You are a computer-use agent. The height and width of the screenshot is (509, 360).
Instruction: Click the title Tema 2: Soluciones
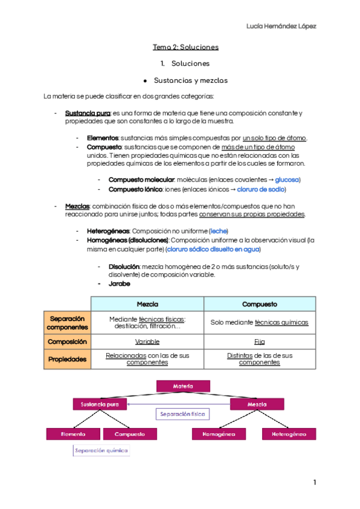(185, 46)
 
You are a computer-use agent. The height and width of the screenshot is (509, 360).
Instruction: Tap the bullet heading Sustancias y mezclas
(191, 80)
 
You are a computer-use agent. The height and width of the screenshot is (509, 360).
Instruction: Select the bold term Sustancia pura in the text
(88, 113)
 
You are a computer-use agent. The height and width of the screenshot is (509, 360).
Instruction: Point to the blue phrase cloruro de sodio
(261, 190)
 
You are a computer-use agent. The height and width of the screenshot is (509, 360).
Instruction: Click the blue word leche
(218, 231)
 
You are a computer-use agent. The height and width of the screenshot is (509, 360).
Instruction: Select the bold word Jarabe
(119, 283)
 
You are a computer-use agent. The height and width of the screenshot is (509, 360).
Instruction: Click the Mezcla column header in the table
(148, 304)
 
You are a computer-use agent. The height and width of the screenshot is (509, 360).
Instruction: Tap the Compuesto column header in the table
(259, 304)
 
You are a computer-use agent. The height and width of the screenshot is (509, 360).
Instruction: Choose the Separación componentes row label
(67, 322)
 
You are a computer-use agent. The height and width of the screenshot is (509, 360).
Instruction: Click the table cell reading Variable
(147, 341)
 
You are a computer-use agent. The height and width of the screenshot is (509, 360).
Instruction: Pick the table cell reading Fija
(259, 341)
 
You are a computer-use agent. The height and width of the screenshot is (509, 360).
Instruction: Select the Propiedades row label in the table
(67, 359)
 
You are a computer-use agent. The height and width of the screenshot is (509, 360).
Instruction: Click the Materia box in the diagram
(182, 385)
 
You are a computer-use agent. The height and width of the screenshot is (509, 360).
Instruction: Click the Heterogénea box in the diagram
(289, 433)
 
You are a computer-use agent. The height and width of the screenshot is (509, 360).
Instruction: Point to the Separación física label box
(182, 414)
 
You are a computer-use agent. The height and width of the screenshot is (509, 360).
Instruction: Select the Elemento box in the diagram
(73, 433)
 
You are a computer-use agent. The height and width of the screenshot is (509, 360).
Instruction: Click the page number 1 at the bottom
(314, 483)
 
